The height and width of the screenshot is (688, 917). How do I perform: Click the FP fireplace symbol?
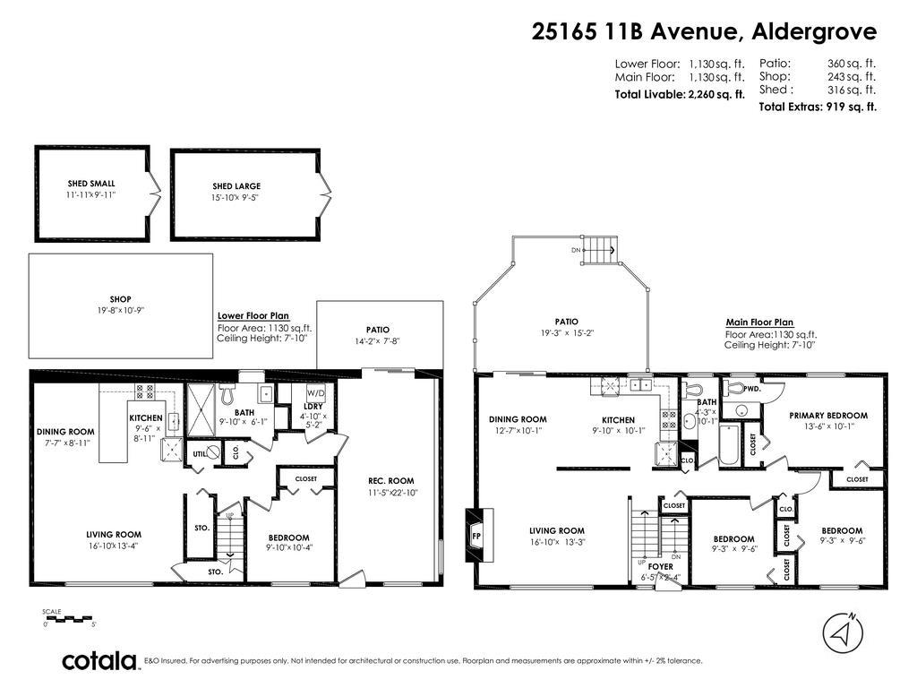[476, 536]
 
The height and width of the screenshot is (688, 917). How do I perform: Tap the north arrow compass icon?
[841, 632]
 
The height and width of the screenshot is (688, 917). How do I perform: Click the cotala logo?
[99, 661]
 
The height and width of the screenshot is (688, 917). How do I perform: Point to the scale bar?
[68, 618]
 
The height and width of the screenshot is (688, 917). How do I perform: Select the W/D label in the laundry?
[315, 392]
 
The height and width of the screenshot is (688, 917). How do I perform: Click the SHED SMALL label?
[90, 184]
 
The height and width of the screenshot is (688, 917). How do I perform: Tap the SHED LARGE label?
[236, 186]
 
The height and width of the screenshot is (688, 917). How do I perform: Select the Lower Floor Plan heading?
[253, 315]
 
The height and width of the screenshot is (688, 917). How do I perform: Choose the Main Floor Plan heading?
[758, 322]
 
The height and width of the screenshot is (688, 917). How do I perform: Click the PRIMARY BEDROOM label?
[827, 415]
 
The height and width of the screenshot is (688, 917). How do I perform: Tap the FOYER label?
[660, 566]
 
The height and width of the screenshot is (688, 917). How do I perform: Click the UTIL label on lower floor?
[199, 454]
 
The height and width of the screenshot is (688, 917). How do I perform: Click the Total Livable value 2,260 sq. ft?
[716, 94]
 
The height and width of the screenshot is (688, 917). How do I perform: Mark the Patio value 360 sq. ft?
[851, 64]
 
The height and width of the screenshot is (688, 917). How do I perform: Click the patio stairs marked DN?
[599, 250]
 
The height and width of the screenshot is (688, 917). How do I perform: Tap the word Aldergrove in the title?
[814, 31]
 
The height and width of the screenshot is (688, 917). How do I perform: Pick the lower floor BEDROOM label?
[288, 537]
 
